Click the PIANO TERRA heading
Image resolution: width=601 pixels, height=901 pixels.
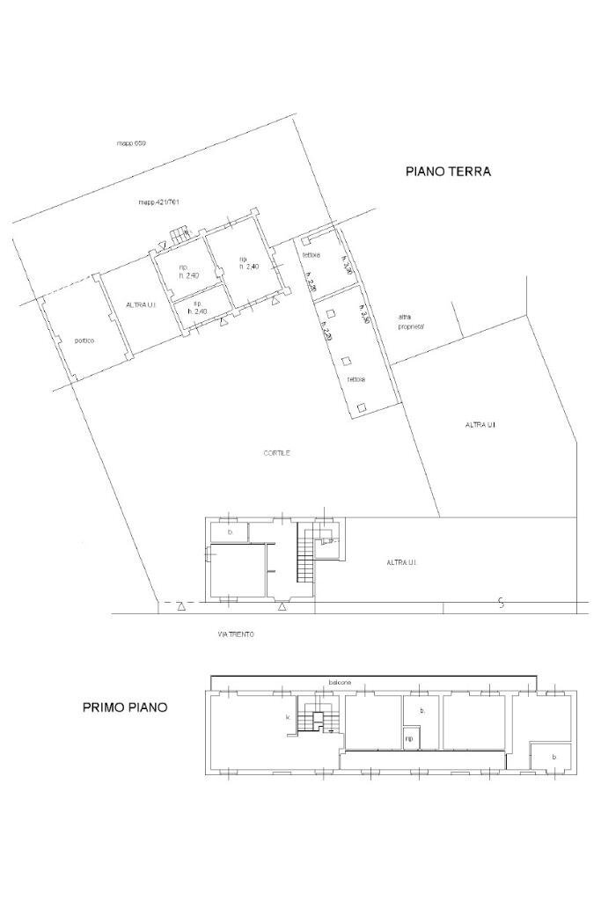point(448,172)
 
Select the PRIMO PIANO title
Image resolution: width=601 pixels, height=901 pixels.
point(125,707)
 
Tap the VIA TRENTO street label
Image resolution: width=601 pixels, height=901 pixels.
point(236,634)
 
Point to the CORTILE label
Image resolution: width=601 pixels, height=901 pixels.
point(276,453)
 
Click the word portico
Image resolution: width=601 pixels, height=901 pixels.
point(84,341)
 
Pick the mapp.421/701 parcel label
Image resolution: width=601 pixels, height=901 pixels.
point(158,202)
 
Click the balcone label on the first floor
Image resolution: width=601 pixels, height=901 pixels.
point(341,682)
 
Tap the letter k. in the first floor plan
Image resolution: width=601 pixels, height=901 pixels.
point(288,718)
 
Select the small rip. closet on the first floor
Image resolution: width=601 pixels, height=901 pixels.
point(410,738)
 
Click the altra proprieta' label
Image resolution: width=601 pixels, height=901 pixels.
point(411,321)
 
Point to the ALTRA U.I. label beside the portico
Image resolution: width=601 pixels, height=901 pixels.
point(141,304)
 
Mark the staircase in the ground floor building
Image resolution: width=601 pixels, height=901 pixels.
point(304,560)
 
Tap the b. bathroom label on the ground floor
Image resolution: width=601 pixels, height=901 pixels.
point(230,532)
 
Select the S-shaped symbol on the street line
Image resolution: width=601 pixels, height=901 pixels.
point(501,603)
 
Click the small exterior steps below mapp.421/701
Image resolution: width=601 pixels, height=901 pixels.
point(179,234)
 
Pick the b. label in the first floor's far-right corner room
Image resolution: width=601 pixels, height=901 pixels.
point(553,757)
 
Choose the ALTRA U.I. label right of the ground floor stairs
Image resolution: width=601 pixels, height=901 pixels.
point(400,562)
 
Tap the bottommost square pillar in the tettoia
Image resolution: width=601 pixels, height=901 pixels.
point(362,407)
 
